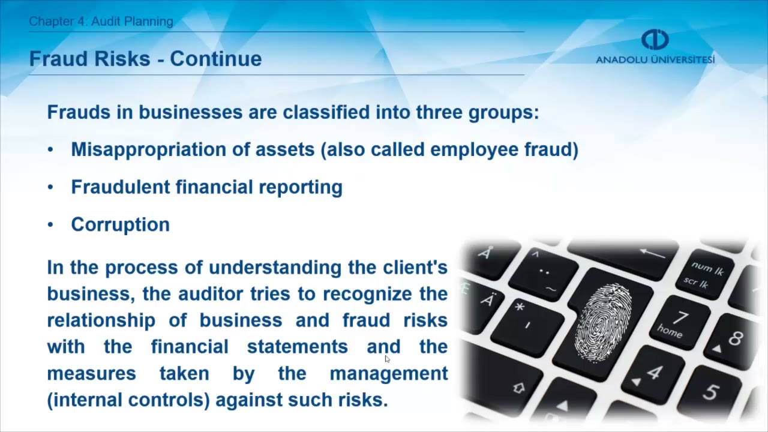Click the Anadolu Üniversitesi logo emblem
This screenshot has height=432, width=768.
tap(655, 40)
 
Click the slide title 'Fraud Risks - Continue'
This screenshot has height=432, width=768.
tap(145, 59)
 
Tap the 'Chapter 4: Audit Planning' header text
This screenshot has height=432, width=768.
tap(101, 22)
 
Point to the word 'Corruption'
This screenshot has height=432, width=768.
tap(120, 224)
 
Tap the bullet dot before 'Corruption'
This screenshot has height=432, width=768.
tap(50, 225)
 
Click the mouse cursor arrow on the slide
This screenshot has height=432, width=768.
tap(387, 359)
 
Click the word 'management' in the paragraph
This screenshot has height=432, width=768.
tap(389, 373)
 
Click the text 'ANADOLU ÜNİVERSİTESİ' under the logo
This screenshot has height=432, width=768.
tap(655, 60)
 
